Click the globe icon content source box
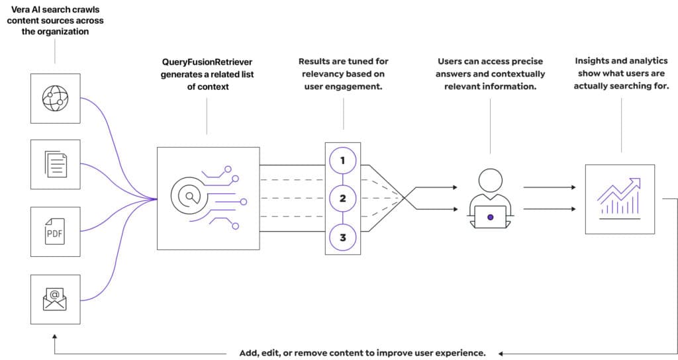[56, 99]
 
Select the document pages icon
[56, 164]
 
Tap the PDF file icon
[55, 232]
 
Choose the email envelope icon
[55, 300]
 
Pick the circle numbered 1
[342, 161]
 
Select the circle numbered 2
[342, 199]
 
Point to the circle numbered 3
[342, 238]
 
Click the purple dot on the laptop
[491, 217]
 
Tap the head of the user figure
[491, 180]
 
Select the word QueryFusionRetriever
[207, 62]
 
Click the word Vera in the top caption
[20, 9]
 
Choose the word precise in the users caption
[528, 62]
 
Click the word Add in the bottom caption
[249, 353]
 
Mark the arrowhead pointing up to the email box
[54, 336]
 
